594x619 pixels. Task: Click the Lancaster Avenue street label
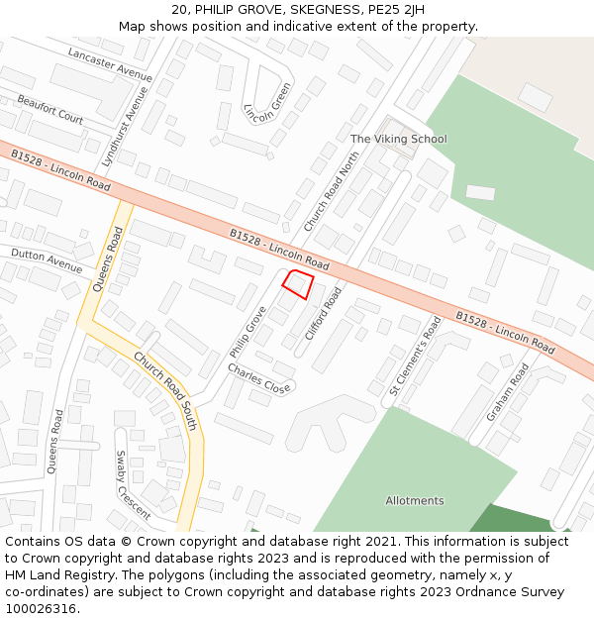pos(109,63)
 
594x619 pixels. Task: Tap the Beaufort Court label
pos(49,109)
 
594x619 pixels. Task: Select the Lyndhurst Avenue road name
pos(125,127)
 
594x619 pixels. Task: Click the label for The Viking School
pos(398,139)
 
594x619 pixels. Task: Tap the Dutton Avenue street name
pos(47,260)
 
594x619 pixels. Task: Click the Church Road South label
pos(165,392)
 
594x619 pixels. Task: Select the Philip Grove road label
pos(247,332)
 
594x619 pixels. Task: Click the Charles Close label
pos(258,379)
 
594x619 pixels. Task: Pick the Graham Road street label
pos(507,391)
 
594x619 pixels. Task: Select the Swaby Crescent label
pos(134,485)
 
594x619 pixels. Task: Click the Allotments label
pos(415,500)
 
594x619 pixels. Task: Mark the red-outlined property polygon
pos(298,284)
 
